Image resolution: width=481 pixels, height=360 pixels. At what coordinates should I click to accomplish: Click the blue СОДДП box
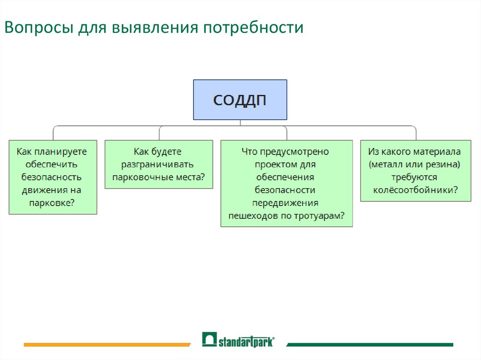click(240, 100)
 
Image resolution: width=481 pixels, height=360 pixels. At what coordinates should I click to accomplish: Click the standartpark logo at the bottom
click(239, 340)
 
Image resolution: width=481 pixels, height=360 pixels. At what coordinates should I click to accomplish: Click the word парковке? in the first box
click(53, 203)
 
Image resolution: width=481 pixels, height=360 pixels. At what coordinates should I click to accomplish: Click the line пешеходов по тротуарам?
click(287, 215)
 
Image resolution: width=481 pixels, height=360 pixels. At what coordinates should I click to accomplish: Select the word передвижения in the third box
click(286, 203)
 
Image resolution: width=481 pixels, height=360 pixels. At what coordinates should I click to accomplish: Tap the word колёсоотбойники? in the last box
click(416, 190)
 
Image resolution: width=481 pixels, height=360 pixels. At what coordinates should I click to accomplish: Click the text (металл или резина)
click(415, 165)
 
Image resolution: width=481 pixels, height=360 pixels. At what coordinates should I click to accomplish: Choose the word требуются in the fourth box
click(415, 177)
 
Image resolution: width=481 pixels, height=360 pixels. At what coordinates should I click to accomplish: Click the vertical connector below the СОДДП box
click(240, 123)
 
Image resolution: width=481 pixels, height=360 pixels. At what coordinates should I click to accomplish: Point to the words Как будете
click(157, 152)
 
